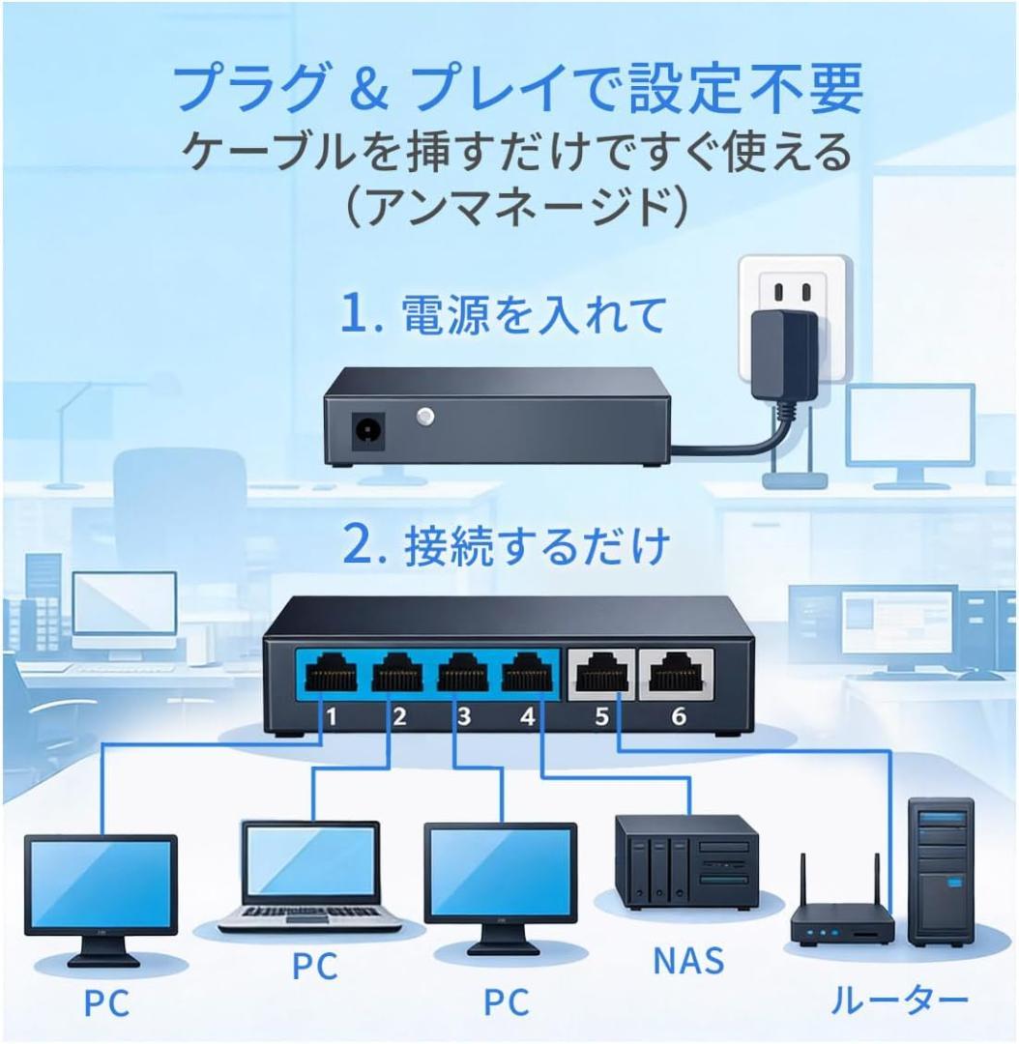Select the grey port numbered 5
(601, 672)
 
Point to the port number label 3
(464, 717)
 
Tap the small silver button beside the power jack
(422, 418)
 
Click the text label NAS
(687, 961)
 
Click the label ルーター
(898, 1000)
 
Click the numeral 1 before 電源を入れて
(356, 315)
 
